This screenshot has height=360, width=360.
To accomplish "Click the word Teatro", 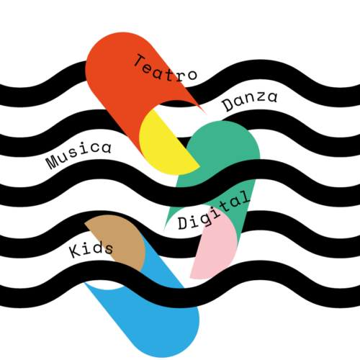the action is (166, 68).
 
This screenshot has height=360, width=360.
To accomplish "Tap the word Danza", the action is (250, 101).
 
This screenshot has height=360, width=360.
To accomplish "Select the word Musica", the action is (78, 155).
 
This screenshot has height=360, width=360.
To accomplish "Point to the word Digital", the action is (214, 211).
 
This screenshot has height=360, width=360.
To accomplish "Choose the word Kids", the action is (91, 250).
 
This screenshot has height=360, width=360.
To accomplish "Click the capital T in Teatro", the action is (140, 60).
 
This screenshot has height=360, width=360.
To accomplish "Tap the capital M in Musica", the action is (53, 163).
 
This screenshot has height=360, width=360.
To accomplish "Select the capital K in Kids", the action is (76, 251).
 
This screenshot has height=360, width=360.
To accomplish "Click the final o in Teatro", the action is (192, 75).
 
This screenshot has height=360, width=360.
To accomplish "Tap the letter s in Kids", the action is (108, 249).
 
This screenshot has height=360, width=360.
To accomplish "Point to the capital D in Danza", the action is (228, 105).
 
